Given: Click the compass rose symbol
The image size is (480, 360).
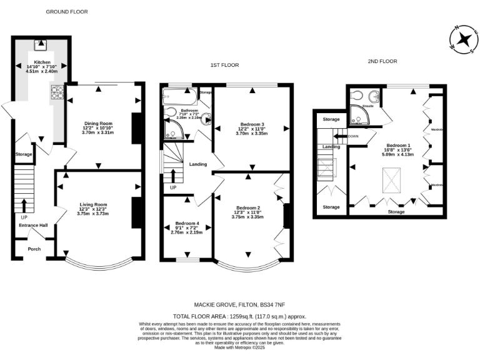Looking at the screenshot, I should coord(464,39).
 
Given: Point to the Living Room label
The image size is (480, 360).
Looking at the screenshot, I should coord(93,204).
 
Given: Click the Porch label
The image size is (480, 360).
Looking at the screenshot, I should coord(33,248).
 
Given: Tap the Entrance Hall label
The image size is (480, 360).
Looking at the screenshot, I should coord(33,225).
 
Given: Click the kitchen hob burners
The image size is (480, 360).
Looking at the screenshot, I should coord(54,92).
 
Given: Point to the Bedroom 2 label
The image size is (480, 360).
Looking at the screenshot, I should coord(248,208).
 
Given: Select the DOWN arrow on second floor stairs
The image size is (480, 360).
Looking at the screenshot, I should coord(341,136).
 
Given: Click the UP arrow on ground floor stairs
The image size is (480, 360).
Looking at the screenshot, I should coord(24,206).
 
